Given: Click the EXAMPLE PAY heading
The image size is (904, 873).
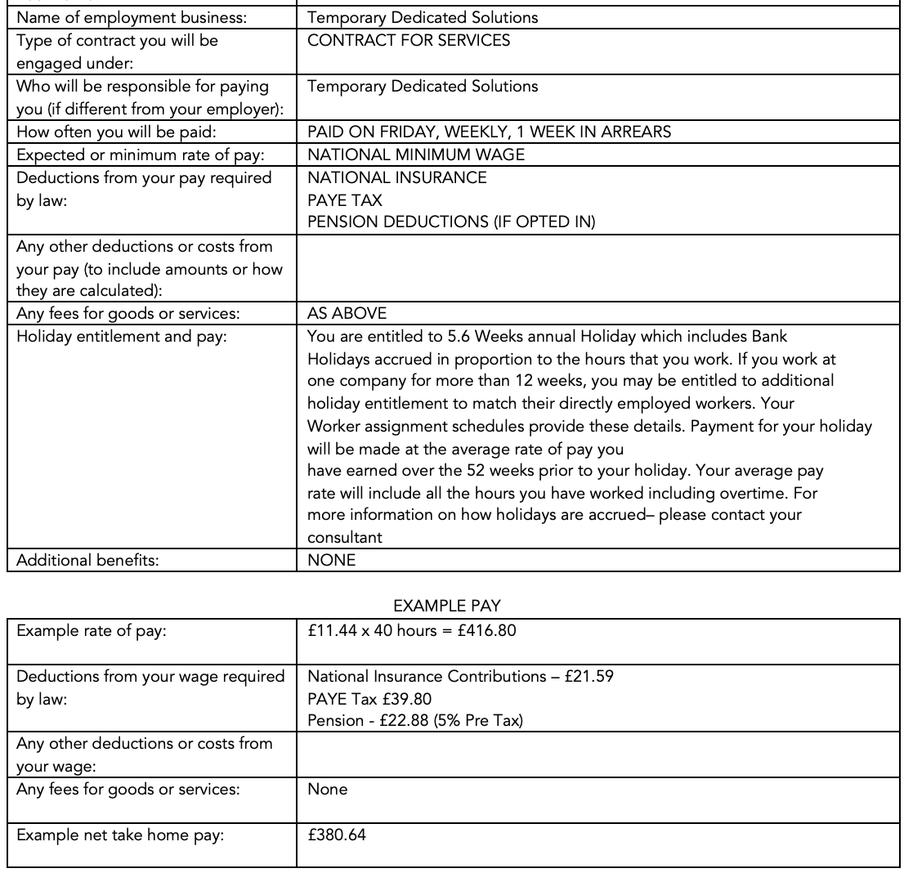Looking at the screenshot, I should [x=446, y=606].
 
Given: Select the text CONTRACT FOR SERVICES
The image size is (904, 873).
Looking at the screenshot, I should [x=409, y=40].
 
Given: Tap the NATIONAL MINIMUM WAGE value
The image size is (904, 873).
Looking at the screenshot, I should [x=416, y=154].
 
